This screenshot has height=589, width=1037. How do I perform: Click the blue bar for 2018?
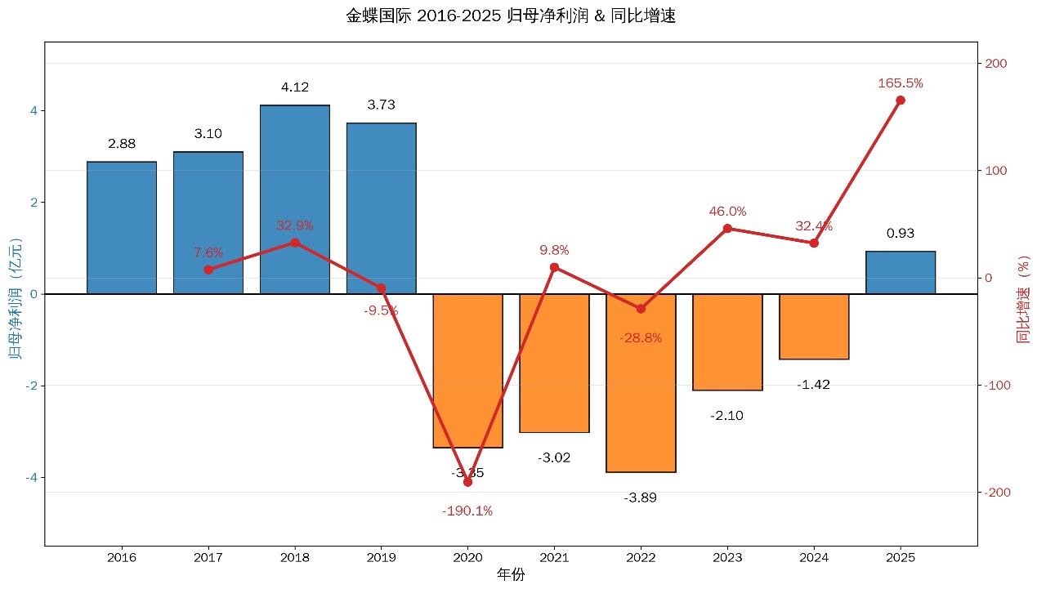(294, 199)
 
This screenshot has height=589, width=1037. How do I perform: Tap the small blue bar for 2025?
(901, 273)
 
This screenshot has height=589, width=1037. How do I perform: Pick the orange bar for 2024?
(814, 327)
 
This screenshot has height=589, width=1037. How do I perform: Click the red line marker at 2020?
(467, 482)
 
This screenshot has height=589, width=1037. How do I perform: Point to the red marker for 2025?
(901, 100)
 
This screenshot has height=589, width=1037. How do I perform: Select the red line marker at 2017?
(208, 270)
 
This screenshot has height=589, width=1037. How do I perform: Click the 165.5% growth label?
(901, 83)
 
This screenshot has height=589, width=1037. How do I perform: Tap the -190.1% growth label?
(467, 511)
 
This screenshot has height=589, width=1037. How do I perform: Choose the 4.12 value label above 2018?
(294, 87)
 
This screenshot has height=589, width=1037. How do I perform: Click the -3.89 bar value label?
(641, 498)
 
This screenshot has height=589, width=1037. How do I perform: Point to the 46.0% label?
(727, 212)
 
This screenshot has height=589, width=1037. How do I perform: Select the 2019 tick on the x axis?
(381, 559)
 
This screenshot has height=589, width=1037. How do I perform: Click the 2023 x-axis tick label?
(727, 559)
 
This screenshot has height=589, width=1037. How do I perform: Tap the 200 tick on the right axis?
(995, 64)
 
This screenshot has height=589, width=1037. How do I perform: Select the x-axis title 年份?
(511, 575)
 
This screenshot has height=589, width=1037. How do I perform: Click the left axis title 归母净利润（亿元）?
(15, 294)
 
